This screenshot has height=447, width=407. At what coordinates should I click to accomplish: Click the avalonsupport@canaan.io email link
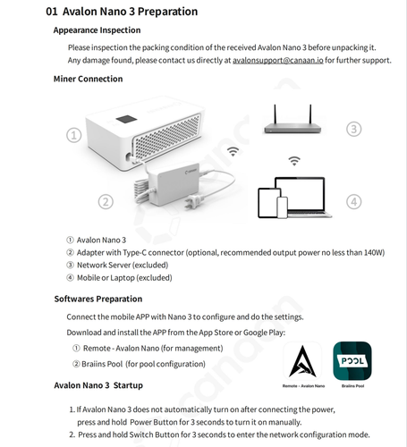pyautogui.click(x=278, y=60)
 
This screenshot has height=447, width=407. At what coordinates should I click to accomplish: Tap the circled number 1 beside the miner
pyautogui.click(x=73, y=135)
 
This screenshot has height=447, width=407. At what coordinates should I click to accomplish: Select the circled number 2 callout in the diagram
pyautogui.click(x=106, y=202)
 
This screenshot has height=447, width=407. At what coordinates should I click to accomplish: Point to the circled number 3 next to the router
pyautogui.click(x=353, y=129)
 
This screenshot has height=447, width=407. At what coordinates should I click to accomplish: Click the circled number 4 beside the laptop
pyautogui.click(x=353, y=202)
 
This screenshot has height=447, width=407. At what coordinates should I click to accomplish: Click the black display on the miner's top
pyautogui.click(x=126, y=119)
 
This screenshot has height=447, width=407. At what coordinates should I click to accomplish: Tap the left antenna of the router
pyautogui.click(x=275, y=114)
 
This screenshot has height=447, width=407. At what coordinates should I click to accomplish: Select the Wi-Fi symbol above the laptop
pyautogui.click(x=294, y=161)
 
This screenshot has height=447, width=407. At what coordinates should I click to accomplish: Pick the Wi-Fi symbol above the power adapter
pyautogui.click(x=233, y=151)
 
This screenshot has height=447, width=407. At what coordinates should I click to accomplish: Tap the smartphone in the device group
pyautogui.click(x=282, y=207)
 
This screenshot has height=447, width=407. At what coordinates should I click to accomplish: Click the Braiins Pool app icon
pyautogui.click(x=352, y=361)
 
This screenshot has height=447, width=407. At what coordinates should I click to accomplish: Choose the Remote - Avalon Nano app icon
pyautogui.click(x=302, y=361)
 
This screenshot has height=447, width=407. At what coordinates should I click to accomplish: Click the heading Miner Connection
pyautogui.click(x=88, y=79)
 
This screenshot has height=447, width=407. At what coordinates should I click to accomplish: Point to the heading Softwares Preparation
pyautogui.click(x=98, y=299)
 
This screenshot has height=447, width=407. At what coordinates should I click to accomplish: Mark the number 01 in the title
pyautogui.click(x=52, y=12)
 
